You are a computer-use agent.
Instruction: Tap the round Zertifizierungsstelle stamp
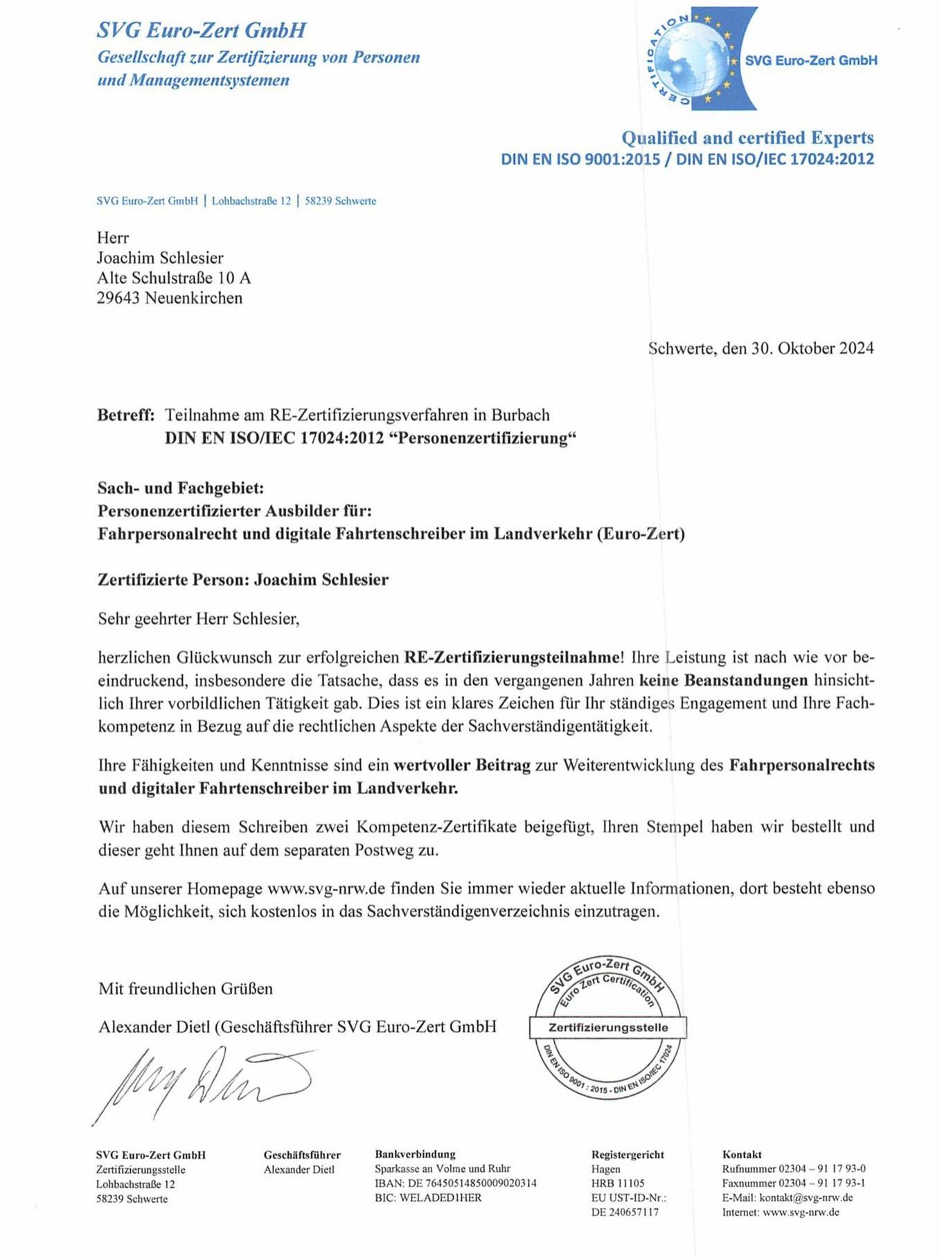(x=608, y=1028)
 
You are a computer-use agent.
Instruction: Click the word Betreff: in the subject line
(x=125, y=415)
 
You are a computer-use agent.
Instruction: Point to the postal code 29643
(x=118, y=298)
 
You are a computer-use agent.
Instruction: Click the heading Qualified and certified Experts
(x=747, y=137)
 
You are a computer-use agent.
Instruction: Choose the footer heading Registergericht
(x=628, y=1154)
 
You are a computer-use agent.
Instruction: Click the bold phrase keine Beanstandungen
(x=723, y=680)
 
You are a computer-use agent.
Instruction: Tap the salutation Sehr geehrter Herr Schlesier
(x=199, y=618)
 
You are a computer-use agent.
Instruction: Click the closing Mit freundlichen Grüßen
(x=186, y=988)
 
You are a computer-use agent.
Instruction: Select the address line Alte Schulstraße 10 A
(x=174, y=278)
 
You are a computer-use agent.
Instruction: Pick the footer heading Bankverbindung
(x=415, y=1154)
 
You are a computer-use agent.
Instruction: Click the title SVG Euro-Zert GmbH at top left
(x=202, y=30)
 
